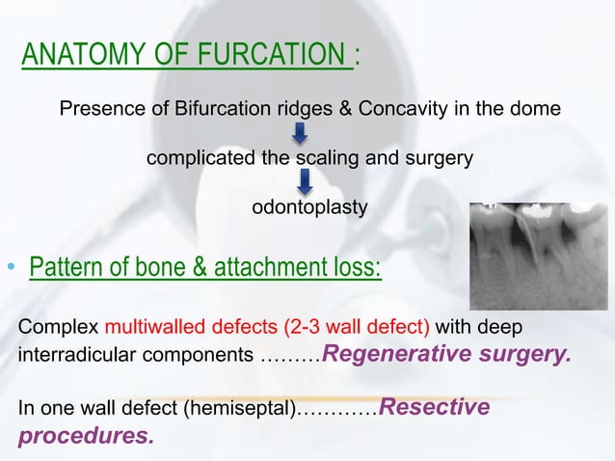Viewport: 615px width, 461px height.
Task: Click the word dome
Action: point(535,109)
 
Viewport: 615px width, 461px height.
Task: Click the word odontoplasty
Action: point(308,206)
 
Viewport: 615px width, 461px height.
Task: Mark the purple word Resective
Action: point(436,407)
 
